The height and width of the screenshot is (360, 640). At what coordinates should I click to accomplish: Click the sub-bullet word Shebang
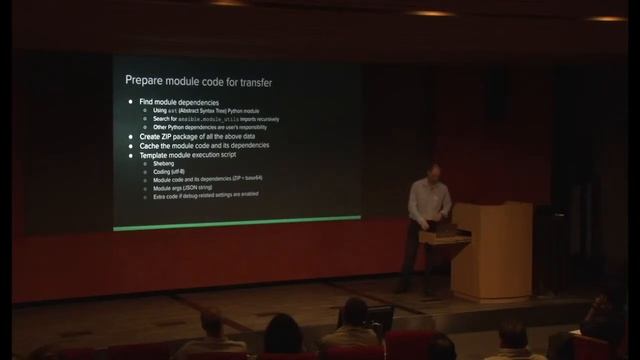click(163, 165)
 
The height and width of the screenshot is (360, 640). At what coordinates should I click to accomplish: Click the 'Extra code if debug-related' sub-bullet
click(205, 194)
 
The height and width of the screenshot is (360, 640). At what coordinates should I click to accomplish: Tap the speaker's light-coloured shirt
click(428, 200)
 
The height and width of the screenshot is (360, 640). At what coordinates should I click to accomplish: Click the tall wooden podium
click(491, 250)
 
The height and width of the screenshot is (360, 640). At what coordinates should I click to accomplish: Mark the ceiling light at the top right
click(606, 17)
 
